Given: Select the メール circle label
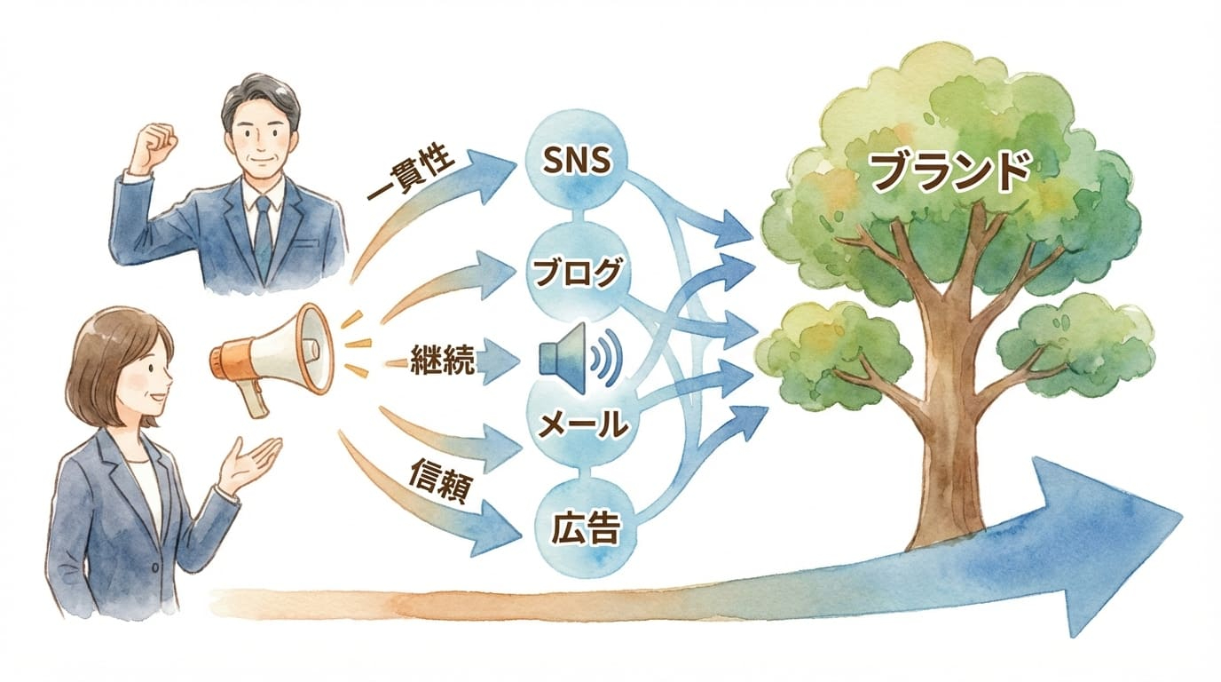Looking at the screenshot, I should [583, 424].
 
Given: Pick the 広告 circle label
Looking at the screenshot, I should [581, 530].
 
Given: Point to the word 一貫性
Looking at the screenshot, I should [411, 172].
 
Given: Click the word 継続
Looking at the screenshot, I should [443, 359].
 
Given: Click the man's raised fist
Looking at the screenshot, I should [153, 142].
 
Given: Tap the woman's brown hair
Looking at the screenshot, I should [98, 355].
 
